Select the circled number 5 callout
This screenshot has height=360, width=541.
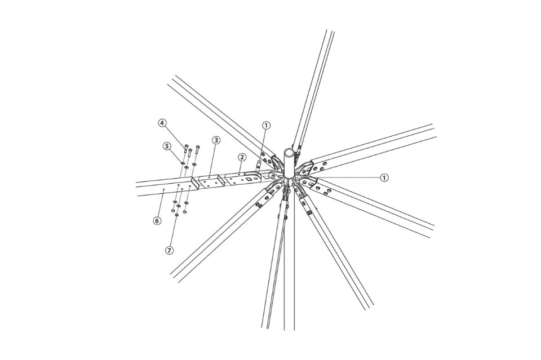167,146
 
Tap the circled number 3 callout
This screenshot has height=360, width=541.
216,140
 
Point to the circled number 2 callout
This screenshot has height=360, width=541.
242,157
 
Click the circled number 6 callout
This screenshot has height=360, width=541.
157,220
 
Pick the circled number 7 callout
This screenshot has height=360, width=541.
169,250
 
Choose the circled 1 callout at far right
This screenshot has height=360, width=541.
384,177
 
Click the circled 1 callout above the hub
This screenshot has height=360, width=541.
265,125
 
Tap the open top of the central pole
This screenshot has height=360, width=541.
290,152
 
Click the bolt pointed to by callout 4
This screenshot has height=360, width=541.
187,149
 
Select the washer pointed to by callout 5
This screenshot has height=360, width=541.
183,161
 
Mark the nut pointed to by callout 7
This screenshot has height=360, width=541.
176,215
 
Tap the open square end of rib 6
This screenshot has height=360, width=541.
196,184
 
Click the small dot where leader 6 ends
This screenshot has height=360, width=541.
163,189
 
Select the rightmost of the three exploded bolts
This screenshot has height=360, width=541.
197,149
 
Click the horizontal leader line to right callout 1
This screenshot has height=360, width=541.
347,177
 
